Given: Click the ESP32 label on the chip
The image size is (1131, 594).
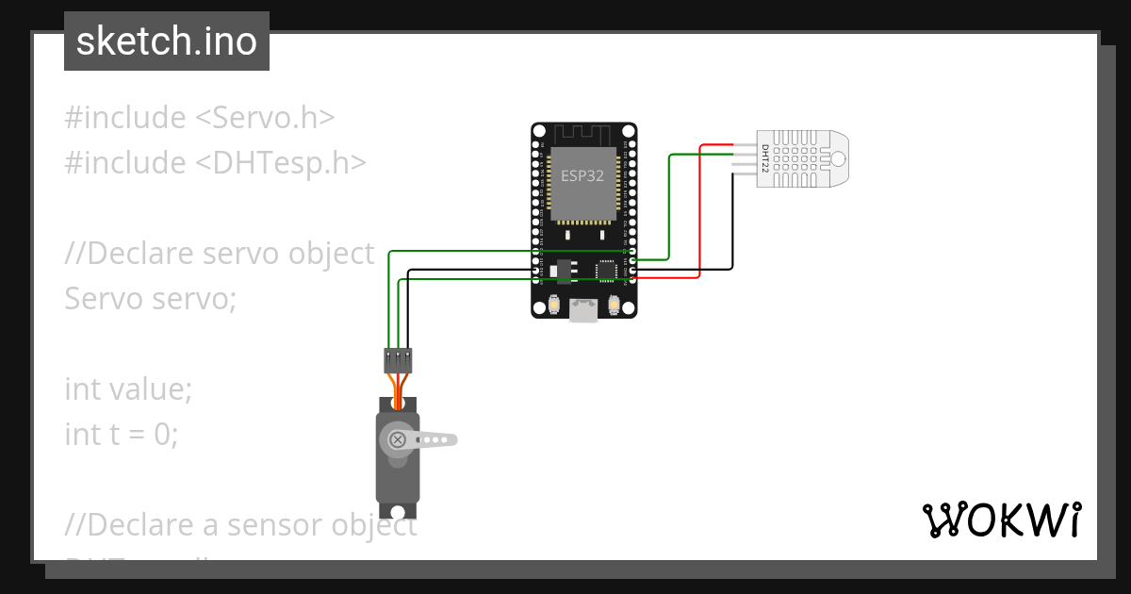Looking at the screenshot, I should click(x=582, y=176).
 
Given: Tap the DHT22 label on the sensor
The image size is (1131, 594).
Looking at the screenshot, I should click(x=765, y=158).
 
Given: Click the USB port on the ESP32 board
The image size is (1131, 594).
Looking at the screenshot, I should click(x=583, y=310).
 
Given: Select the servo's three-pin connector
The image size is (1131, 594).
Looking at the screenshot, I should click(x=398, y=359).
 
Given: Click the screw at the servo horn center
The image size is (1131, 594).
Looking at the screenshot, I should click(x=398, y=439).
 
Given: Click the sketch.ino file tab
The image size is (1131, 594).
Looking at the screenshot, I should click(x=167, y=41).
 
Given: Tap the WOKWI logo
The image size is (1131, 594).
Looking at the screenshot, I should click(x=1001, y=520).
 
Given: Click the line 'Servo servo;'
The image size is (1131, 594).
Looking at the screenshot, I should click(x=151, y=299).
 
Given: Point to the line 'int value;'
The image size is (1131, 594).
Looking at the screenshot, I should click(x=128, y=388).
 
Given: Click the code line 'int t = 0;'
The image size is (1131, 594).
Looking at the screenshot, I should click(x=121, y=434).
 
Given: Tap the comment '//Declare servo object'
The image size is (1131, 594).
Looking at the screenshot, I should click(x=220, y=254).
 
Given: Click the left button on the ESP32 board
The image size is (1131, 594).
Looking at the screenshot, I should click(x=552, y=305).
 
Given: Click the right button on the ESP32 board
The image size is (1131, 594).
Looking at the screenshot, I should click(x=615, y=305).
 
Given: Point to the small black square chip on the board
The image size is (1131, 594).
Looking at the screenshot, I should click(x=605, y=272).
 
